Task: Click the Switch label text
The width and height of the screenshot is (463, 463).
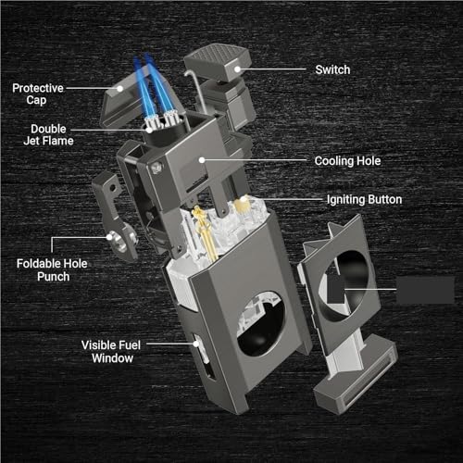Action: point(332,69)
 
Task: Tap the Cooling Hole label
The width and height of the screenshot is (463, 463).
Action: point(347,161)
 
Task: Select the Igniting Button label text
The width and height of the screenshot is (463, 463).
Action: point(364,200)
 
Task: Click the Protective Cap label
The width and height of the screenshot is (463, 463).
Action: point(38,94)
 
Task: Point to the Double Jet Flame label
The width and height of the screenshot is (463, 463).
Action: point(48,135)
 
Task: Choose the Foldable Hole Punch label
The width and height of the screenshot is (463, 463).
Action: point(52,270)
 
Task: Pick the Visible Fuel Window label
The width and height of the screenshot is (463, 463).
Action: point(111,352)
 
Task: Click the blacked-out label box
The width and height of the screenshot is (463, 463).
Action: point(425,290)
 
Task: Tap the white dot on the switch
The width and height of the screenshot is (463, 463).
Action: point(237,69)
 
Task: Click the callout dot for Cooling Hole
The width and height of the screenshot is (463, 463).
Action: point(202,160)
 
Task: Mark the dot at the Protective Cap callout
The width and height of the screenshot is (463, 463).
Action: point(120,89)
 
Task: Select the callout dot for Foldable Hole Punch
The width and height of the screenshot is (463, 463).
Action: point(109,237)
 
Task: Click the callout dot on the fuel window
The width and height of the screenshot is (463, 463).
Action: point(196,344)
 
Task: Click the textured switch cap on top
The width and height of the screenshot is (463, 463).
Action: point(218,62)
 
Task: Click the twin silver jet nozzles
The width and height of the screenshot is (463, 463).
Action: point(161,120)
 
